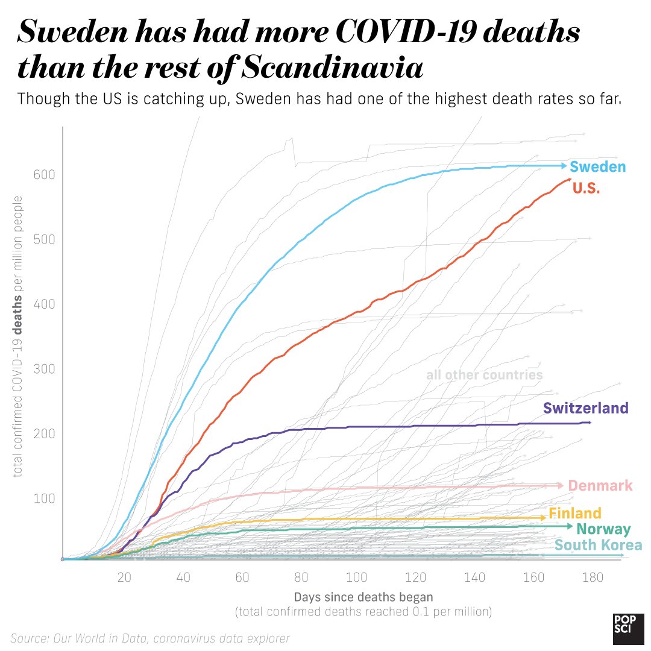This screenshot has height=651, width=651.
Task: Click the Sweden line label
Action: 597,167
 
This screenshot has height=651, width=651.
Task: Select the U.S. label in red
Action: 586,188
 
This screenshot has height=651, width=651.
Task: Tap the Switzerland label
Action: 585,408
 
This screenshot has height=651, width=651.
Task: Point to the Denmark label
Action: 600,486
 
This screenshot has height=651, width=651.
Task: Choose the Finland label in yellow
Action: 574,514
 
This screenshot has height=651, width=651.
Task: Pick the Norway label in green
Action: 603,530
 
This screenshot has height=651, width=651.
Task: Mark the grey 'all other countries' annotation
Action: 484,375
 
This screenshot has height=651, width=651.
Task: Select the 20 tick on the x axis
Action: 124,577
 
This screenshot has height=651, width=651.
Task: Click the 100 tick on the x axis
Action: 358,577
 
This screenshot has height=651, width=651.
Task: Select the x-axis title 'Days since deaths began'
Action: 363,597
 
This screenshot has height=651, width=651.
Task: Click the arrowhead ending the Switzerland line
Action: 590,423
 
